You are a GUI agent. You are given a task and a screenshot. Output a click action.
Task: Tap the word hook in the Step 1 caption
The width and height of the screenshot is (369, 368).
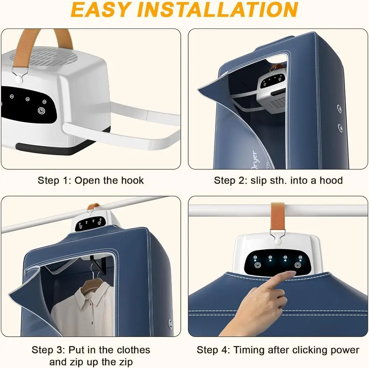[132, 180]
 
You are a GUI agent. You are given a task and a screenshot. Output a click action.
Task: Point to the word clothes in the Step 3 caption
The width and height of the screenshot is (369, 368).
[133, 350]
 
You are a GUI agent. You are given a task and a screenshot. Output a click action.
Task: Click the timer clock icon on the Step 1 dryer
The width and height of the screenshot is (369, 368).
[41, 111]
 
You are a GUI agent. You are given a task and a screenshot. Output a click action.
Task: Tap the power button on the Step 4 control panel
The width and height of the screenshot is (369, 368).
[258, 265]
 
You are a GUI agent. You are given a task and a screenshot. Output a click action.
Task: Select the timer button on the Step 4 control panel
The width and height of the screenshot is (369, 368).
[298, 265]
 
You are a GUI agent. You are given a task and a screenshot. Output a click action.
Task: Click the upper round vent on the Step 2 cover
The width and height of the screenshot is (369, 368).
[339, 108]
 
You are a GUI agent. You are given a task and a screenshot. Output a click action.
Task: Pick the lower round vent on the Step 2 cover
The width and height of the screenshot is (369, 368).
[340, 127]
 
